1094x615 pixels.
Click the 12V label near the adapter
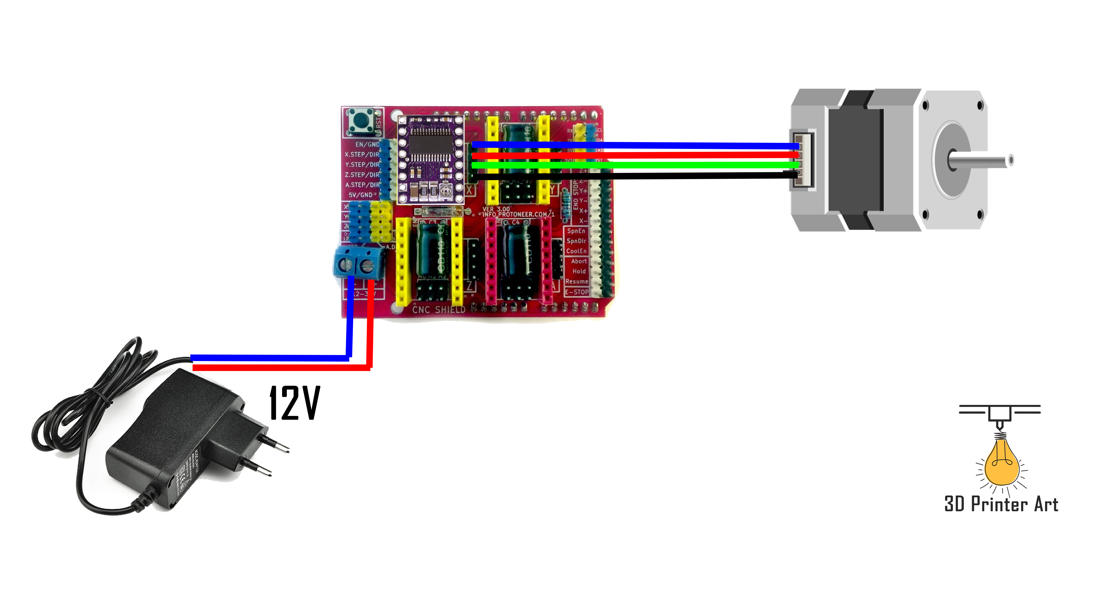tap(295, 403)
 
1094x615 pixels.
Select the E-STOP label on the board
tap(576, 292)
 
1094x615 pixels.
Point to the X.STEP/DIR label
tap(362, 155)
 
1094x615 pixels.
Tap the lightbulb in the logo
tap(1001, 463)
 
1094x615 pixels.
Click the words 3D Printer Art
tap(1001, 504)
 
